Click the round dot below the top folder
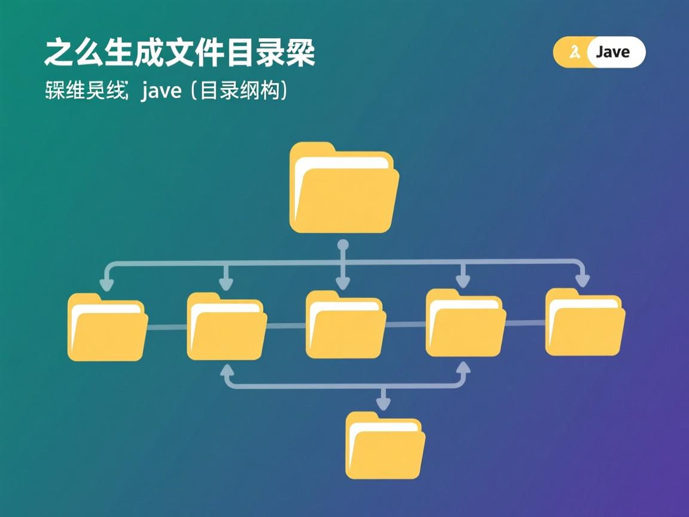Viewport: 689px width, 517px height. coord(343,245)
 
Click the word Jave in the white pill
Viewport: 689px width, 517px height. coord(613,52)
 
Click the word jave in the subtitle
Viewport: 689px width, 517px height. coord(161,92)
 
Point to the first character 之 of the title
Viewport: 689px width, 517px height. coord(58,54)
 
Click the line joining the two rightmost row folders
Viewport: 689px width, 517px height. coord(525,323)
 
